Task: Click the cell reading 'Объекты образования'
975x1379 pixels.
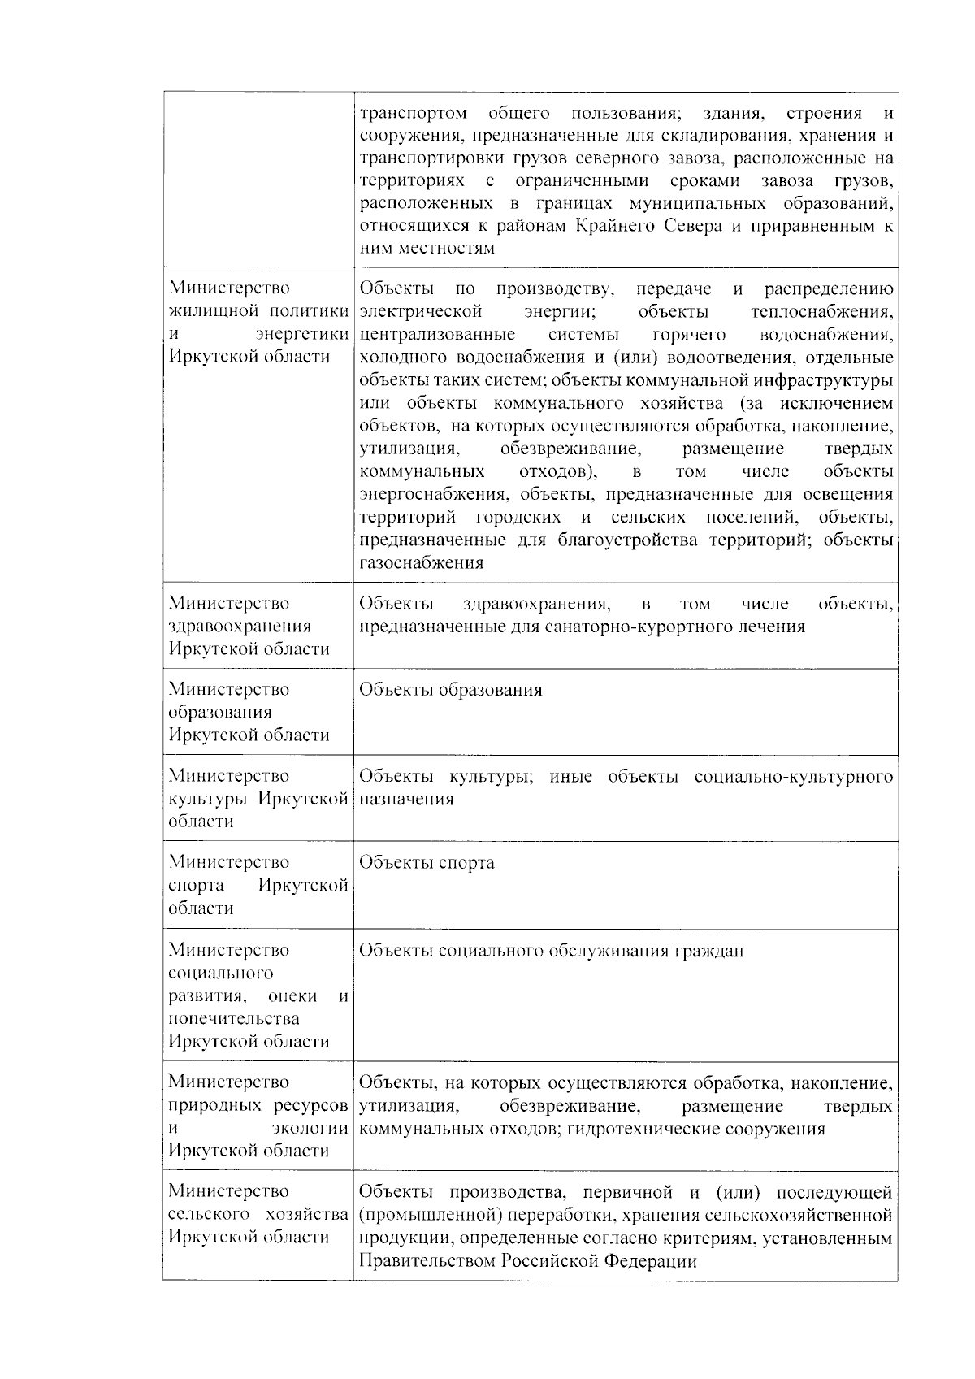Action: tap(450, 690)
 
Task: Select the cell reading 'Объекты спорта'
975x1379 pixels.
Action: tap(427, 862)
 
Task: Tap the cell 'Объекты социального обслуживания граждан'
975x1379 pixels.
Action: tap(551, 951)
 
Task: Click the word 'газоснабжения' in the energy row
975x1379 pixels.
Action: tap(421, 562)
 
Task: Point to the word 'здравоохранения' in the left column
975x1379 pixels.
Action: tap(240, 626)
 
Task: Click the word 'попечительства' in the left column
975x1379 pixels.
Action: tap(234, 1018)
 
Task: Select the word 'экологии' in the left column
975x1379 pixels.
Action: tap(315, 1128)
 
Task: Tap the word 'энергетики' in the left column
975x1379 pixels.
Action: tap(301, 334)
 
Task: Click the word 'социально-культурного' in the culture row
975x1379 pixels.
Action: tap(794, 776)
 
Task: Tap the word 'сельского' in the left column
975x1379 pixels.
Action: tap(208, 1215)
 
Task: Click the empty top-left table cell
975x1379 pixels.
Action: tap(258, 179)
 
